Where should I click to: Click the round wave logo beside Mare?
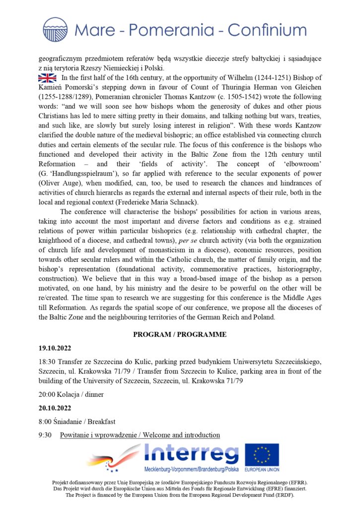pos(55,29)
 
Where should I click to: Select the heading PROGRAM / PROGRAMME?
pos(180,334)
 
